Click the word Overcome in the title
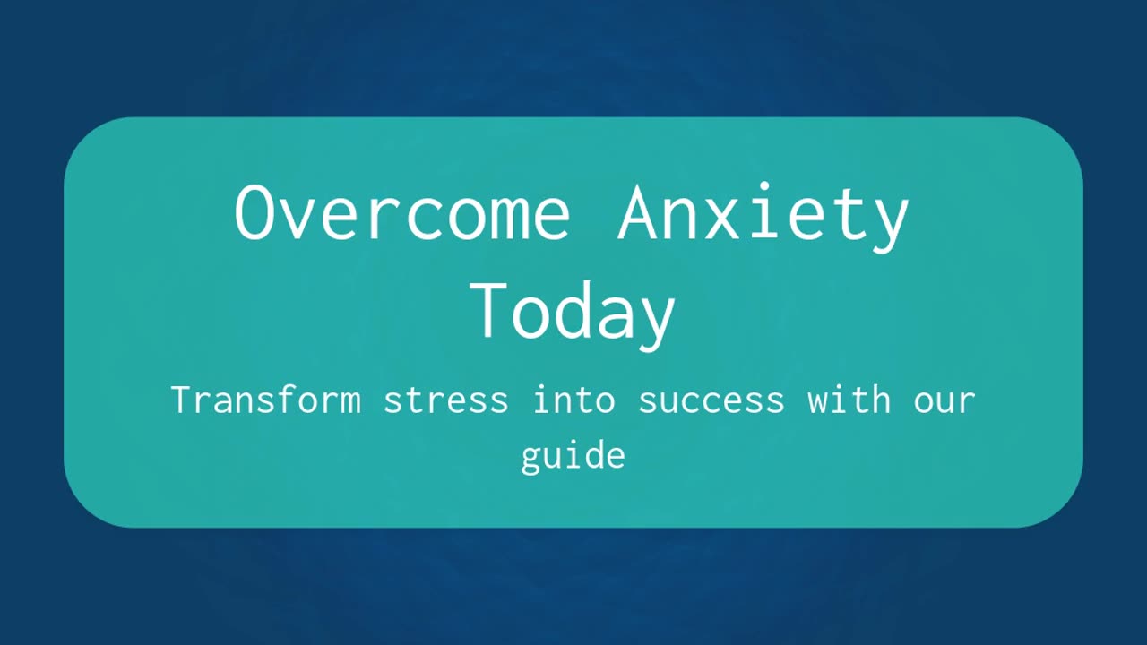(402, 212)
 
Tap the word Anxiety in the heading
(763, 217)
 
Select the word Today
(573, 315)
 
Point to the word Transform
(266, 400)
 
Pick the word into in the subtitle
(573, 400)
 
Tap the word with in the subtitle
(849, 400)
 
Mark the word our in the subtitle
(944, 402)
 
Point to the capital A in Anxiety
(637, 212)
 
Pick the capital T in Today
(487, 310)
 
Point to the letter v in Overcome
(296, 219)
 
